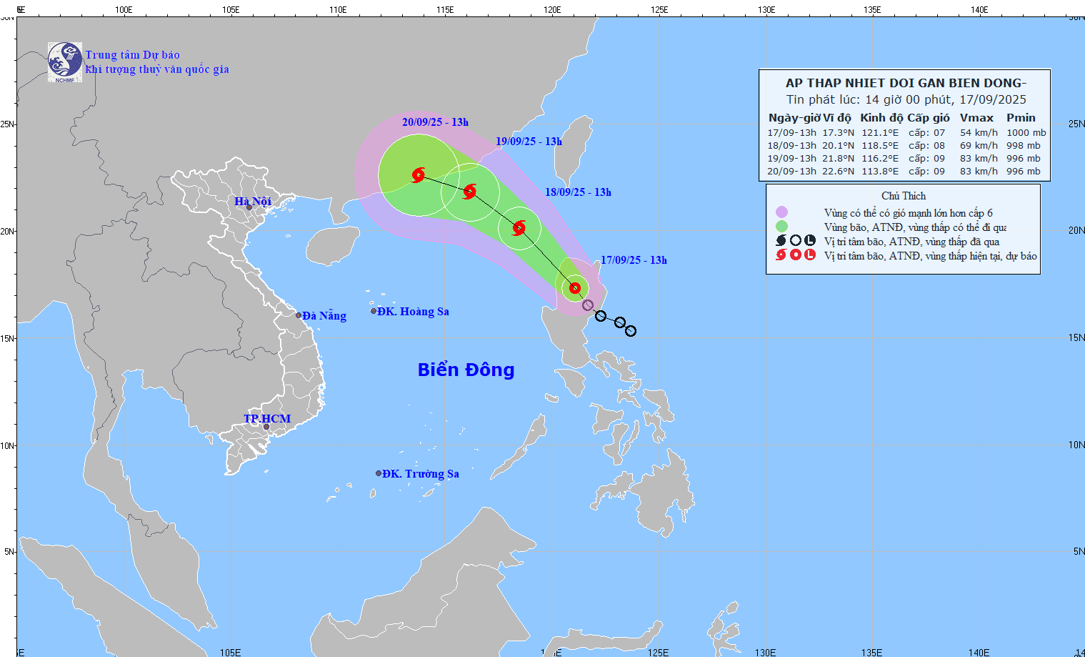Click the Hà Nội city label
[253, 202]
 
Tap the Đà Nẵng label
[324, 316]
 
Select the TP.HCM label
[267, 419]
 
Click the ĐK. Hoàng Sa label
[413, 312]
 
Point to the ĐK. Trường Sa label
[420, 474]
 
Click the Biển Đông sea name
[466, 370]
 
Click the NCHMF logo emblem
[65, 61]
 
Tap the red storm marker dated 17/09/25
[575, 288]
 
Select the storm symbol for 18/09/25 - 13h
[519, 228]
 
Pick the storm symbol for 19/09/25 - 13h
[469, 191]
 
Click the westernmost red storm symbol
[419, 174]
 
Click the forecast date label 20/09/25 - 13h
[435, 122]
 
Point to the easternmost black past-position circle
[631, 331]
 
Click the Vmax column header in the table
[976, 118]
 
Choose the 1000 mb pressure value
[1026, 133]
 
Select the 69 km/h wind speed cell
[979, 146]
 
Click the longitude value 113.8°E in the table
[880, 172]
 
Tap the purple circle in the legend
[781, 212]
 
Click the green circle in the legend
[781, 227]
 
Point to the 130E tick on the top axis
[766, 10]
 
